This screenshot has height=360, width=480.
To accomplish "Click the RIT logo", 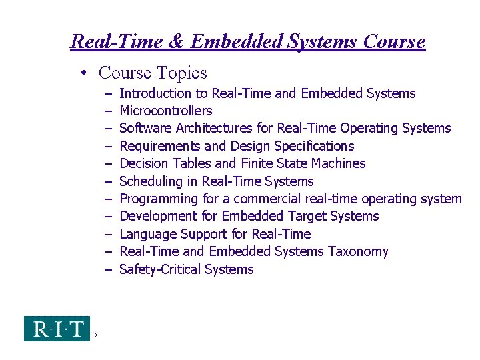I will tap(57, 329).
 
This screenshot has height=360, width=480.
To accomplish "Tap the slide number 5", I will tap(95, 334).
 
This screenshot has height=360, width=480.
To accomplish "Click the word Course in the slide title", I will tap(395, 42).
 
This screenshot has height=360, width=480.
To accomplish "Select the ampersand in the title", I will tap(175, 42).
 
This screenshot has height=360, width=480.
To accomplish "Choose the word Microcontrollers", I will tap(165, 111).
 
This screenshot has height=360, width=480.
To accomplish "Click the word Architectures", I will tap(215, 128).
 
